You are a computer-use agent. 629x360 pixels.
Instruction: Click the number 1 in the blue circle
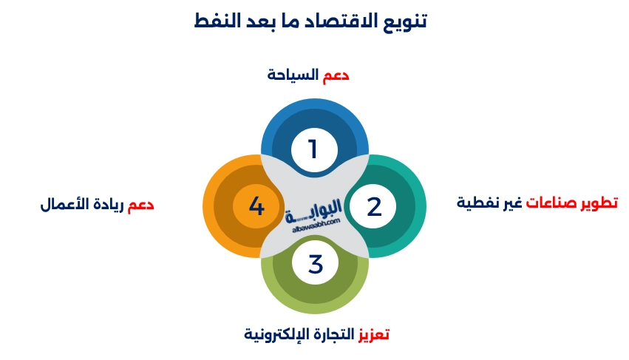[x=313, y=149]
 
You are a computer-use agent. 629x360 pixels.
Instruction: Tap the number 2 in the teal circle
[x=374, y=206]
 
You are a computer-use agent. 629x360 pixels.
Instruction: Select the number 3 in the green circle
[x=316, y=263]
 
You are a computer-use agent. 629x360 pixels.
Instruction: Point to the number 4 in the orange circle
[x=256, y=206]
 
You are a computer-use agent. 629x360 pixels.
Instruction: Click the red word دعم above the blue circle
[x=336, y=75]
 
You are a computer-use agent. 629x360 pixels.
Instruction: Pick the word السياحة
[x=293, y=75]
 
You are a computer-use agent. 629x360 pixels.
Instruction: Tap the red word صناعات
[x=550, y=203]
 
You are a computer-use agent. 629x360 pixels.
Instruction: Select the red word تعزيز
[x=374, y=334]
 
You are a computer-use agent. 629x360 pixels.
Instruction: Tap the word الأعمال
[x=64, y=205]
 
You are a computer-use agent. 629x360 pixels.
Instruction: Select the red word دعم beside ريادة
[x=140, y=205]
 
